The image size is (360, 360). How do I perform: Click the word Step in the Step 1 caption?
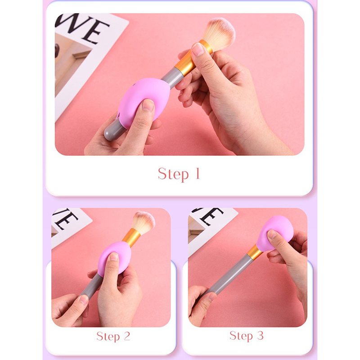pyautogui.click(x=173, y=174)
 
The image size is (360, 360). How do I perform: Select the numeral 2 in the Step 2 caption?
pyautogui.click(x=127, y=336)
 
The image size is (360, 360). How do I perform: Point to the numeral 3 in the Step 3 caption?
pyautogui.click(x=260, y=336)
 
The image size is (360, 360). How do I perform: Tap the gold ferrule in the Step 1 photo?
pyautogui.click(x=193, y=58)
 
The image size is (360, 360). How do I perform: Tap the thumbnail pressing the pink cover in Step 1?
pyautogui.click(x=148, y=105)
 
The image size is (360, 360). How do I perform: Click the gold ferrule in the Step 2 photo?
pyautogui.click(x=131, y=238)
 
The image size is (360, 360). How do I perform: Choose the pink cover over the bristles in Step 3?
pyautogui.click(x=275, y=233)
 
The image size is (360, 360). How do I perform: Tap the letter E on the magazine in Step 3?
pyautogui.click(x=211, y=216)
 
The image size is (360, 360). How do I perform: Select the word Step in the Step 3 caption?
pyautogui.click(x=241, y=336)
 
